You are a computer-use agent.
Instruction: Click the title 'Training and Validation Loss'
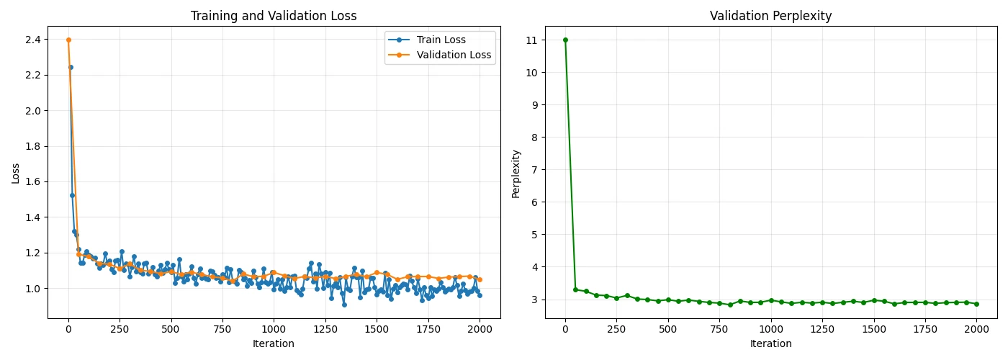point(274,16)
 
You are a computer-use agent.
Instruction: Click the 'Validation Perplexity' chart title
point(770,16)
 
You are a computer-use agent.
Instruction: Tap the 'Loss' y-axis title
point(16,173)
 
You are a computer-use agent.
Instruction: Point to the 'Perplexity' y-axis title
point(516,174)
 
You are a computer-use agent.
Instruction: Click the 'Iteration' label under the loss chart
point(274,344)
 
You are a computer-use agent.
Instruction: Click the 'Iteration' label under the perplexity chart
point(770,344)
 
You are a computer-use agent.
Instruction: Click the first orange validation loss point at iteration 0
point(68,40)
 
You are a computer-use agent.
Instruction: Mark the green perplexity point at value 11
point(565,40)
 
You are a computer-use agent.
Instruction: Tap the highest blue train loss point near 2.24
point(71,67)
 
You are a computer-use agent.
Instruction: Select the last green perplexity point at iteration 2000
point(976,304)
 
